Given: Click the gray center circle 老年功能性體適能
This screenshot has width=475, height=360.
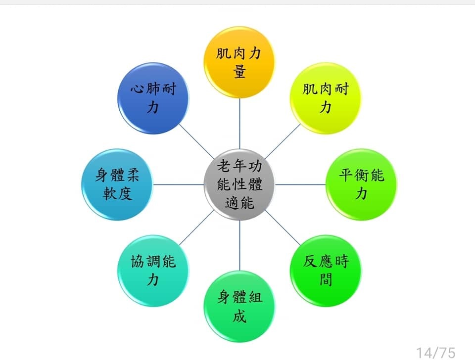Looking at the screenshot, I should (x=239, y=184).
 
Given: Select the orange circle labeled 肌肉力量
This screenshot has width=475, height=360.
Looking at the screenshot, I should (x=239, y=62).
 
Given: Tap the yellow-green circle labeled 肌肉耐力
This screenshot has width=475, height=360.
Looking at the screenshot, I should (x=325, y=98).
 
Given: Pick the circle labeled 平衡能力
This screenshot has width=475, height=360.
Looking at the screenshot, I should (x=361, y=184).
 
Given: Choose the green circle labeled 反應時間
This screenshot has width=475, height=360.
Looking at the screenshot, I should (x=325, y=270).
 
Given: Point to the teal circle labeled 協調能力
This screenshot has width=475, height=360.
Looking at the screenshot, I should (x=153, y=270).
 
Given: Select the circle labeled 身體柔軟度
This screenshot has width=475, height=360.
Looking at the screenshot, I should (x=117, y=184).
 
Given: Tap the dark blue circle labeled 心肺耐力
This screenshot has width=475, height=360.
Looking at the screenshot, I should (x=153, y=98).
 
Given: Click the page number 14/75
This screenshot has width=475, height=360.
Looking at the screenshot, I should (x=435, y=353).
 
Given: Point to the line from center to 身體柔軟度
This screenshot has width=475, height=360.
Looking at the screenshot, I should (x=179, y=184).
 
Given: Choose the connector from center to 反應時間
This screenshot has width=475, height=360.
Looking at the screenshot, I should (x=283, y=227).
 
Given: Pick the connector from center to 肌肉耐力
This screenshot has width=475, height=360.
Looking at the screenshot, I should (x=283, y=141).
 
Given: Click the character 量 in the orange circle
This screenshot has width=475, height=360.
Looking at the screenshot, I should (x=239, y=72).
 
